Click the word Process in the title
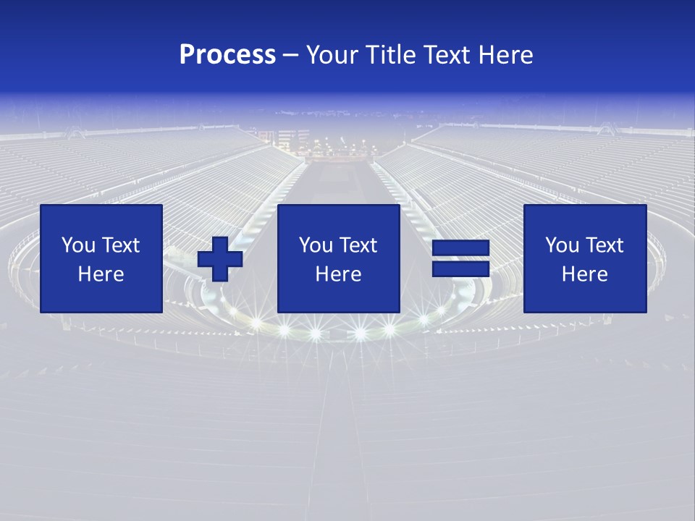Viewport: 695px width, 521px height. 227,55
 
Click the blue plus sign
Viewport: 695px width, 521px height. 220,259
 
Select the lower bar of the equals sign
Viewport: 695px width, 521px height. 460,269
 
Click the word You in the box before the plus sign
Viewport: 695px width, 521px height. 77,245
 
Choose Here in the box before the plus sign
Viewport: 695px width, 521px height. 101,274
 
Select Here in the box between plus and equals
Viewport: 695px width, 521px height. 338,274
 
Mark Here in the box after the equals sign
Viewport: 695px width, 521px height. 584,274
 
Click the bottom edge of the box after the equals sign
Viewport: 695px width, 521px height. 585,313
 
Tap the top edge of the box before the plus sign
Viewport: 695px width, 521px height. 101,205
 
